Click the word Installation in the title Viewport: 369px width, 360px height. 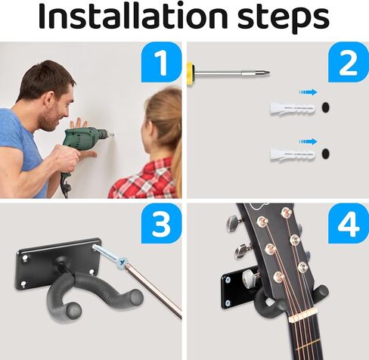coord(133,16)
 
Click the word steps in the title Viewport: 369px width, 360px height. coord(284,19)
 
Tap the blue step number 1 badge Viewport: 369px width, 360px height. coord(161,62)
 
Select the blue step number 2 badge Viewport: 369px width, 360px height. coord(349,62)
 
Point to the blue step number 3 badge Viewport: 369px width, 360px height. coord(161,223)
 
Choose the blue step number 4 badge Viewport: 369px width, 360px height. coord(349,223)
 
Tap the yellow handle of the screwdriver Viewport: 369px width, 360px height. coord(191,73)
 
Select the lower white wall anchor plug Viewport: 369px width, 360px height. coord(293,154)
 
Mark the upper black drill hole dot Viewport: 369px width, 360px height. coord(325,107)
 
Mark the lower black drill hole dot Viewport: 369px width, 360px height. coord(325,154)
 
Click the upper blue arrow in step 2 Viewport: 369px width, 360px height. coord(308,92)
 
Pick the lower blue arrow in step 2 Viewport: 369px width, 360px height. coord(308,141)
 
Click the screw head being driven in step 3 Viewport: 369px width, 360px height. coord(122,261)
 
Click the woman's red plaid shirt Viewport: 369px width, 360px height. coord(143,179)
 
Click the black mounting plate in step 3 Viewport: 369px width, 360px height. coord(58,262)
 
